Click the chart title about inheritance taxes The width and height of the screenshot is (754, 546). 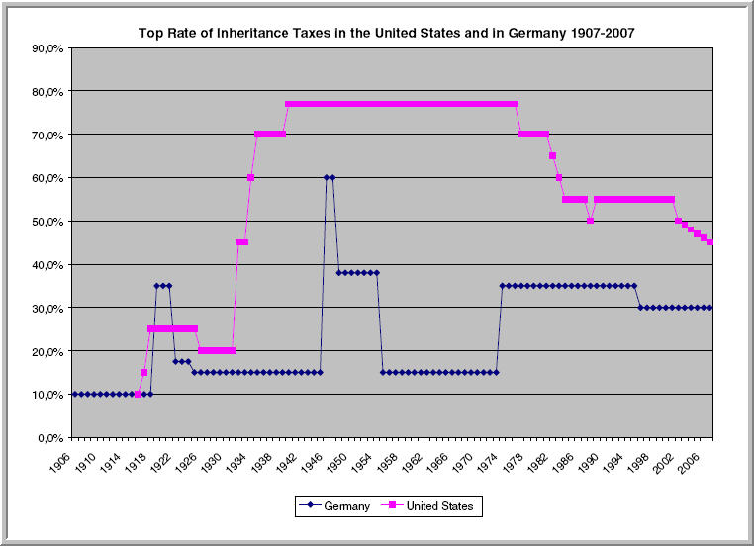386,33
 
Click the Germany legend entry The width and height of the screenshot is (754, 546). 335,506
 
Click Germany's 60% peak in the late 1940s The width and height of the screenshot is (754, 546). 330,177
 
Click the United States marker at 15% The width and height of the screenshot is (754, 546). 143,373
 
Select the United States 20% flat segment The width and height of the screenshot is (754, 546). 216,351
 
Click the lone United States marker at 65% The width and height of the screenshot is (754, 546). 552,155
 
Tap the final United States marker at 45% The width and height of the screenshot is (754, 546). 710,242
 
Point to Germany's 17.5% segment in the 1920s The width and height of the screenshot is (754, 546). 181,362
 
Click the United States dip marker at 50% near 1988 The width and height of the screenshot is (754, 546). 590,221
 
